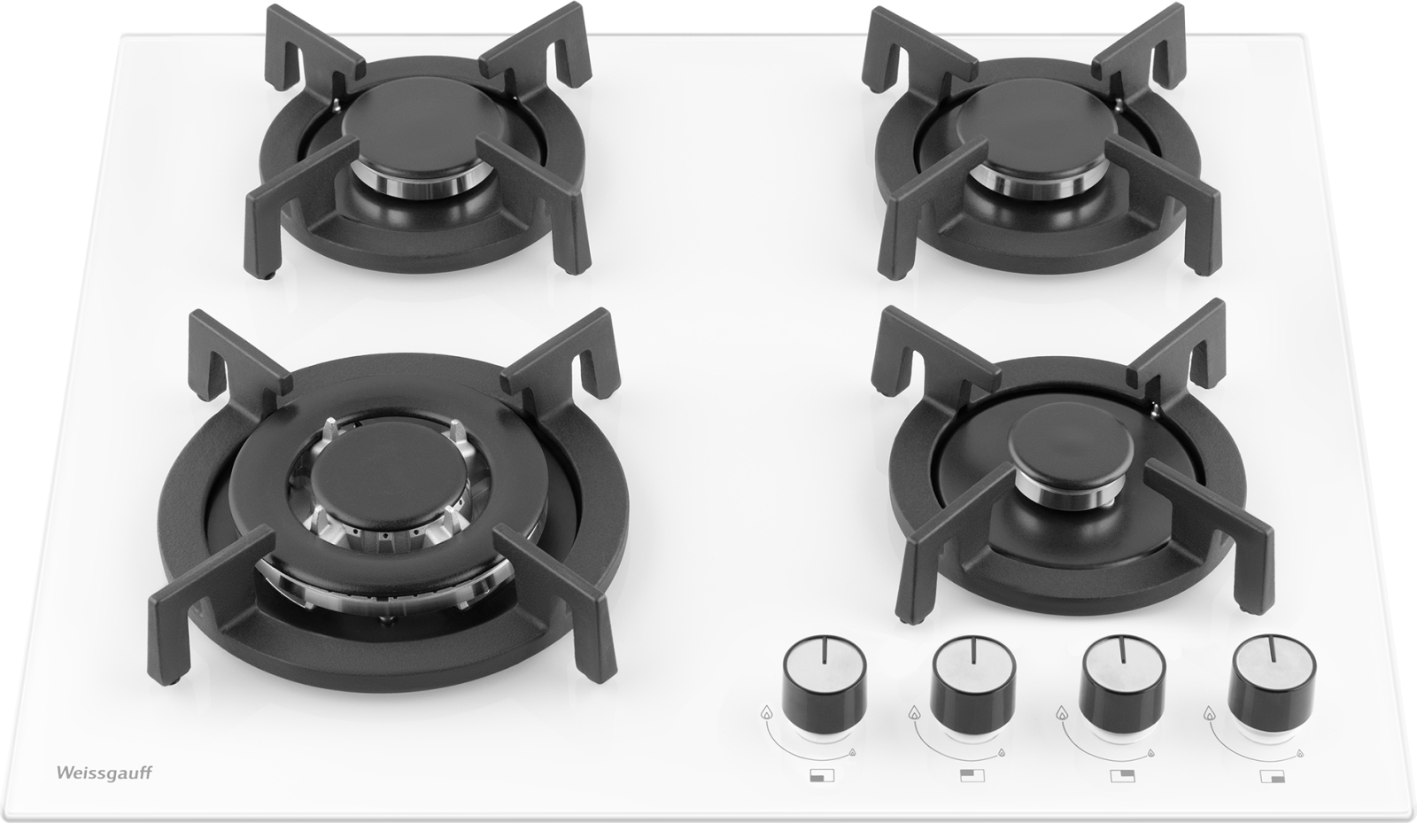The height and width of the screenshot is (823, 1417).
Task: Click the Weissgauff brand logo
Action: tap(105, 773)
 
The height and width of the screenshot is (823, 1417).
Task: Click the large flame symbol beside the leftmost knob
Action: tap(767, 713)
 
